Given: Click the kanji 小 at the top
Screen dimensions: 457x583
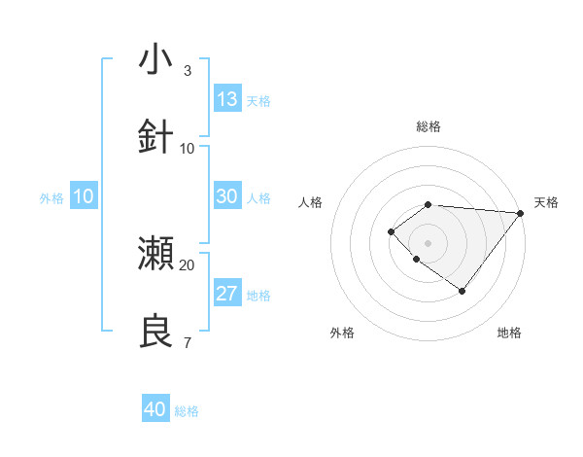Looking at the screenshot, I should click(156, 59).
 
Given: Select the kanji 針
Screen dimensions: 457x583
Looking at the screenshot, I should click(156, 137).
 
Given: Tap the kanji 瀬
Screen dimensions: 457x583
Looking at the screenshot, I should click(156, 254).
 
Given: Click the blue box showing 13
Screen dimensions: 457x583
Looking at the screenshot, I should click(227, 99).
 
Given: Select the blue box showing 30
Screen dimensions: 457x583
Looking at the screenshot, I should click(227, 196).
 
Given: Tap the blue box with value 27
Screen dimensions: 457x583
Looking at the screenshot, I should click(227, 294).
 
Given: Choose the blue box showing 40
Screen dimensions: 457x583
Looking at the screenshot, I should click(155, 409).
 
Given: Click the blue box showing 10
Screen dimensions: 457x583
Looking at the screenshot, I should click(84, 196).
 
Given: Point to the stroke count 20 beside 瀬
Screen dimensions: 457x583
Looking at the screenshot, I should click(188, 264).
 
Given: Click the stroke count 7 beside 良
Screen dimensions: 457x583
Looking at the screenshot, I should click(187, 342).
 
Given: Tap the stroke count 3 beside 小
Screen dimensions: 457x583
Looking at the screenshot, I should click(187, 71).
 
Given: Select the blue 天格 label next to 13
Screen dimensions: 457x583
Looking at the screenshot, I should click(258, 101).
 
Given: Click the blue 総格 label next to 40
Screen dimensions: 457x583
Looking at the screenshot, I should click(187, 411).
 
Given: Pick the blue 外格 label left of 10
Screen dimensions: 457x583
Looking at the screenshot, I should click(51, 198).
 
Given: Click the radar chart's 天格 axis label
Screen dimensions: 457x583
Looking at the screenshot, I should click(546, 202).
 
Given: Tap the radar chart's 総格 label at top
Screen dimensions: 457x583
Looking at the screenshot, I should click(429, 126).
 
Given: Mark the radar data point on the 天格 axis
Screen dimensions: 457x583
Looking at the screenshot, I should click(520, 213).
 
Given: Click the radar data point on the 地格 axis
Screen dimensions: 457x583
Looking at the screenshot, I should click(463, 291).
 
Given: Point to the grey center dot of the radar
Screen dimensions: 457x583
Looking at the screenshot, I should click(429, 242).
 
